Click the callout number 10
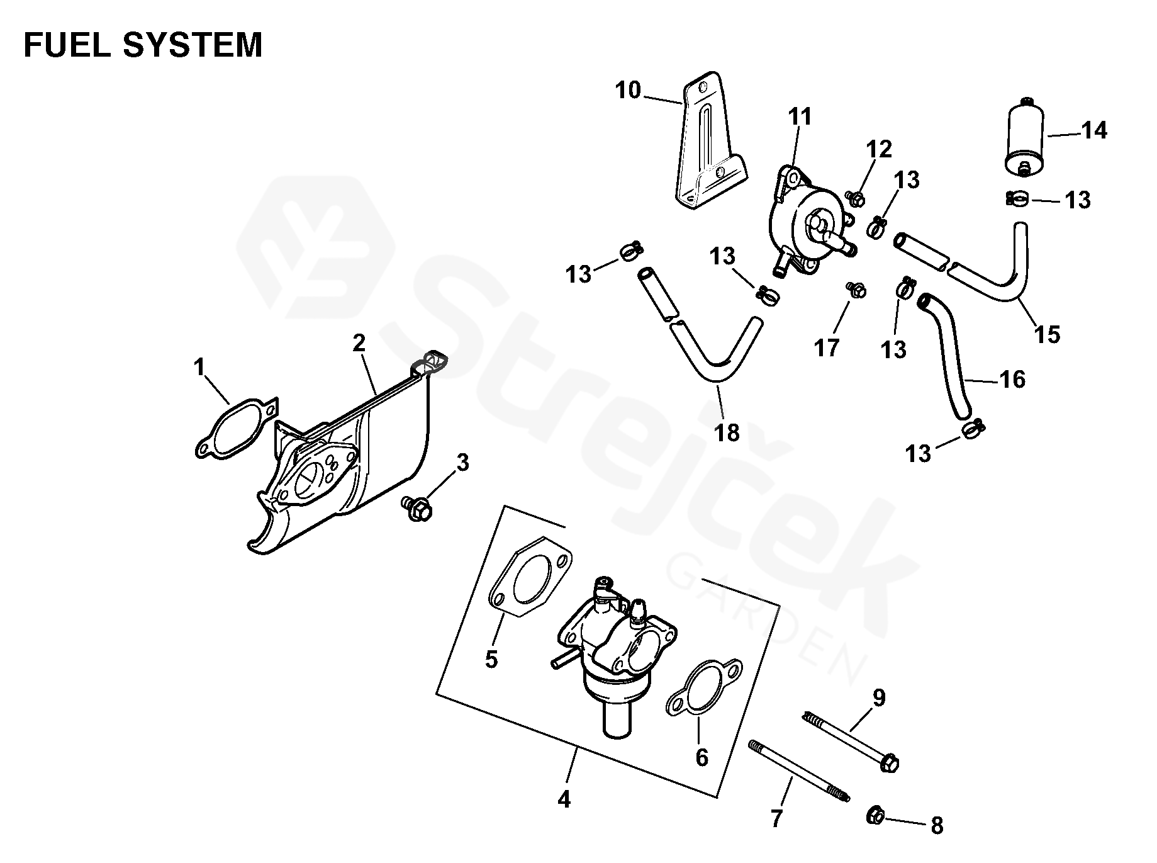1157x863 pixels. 627,91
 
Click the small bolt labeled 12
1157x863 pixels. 856,199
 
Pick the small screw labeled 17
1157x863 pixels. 856,290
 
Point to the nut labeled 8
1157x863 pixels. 875,816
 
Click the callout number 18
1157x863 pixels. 727,432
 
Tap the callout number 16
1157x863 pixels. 1012,380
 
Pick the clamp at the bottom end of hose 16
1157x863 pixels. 973,430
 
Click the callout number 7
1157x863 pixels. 776,818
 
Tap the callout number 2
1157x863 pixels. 359,343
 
